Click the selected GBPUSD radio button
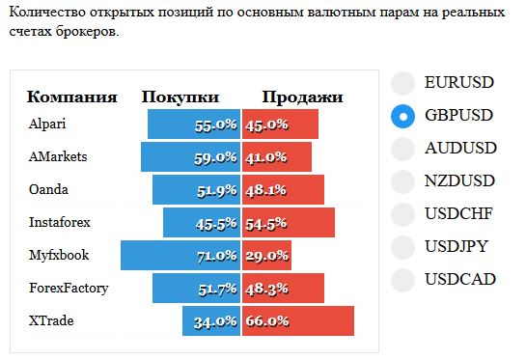tap(402, 117)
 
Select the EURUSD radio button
tap(402, 84)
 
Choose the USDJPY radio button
tap(402, 248)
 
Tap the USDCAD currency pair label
tap(460, 279)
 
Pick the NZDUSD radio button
tap(402, 181)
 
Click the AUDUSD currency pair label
tap(460, 148)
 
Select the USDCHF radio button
tap(402, 214)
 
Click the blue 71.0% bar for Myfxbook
tap(180, 256)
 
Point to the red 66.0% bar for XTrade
tap(298, 320)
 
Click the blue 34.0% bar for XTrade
tap(211, 320)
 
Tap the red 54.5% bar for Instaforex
tap(289, 222)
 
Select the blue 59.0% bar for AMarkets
tap(190, 157)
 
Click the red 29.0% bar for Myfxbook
tap(266, 256)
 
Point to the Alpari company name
tap(47, 125)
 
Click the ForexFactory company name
tap(69, 288)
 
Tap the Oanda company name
tap(48, 189)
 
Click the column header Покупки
tap(180, 97)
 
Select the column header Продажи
tap(303, 97)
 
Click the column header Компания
tap(72, 97)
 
